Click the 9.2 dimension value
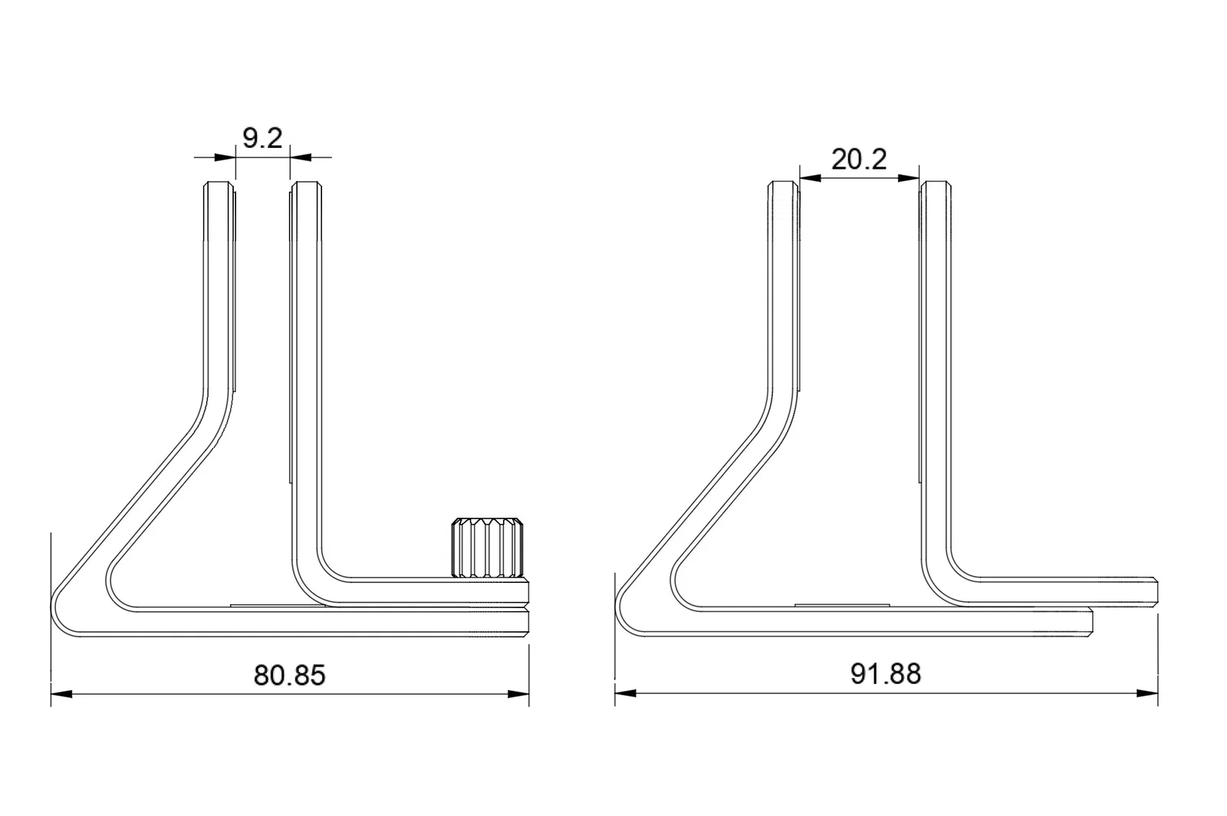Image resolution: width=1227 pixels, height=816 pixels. [262, 138]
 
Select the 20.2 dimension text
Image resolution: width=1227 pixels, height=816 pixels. [859, 160]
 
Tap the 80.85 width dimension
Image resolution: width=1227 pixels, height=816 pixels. [289, 675]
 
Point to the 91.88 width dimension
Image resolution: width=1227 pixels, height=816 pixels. [886, 673]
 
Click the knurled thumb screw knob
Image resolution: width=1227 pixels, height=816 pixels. [487, 547]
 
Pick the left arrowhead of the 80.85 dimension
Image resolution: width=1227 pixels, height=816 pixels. [61, 694]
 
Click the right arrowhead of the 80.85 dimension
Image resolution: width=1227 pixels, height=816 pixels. [518, 694]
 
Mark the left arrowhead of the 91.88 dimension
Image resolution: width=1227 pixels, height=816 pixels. [626, 693]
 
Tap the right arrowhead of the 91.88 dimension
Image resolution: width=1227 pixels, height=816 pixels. [1147, 693]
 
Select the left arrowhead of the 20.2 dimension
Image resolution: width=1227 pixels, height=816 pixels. [810, 178]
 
